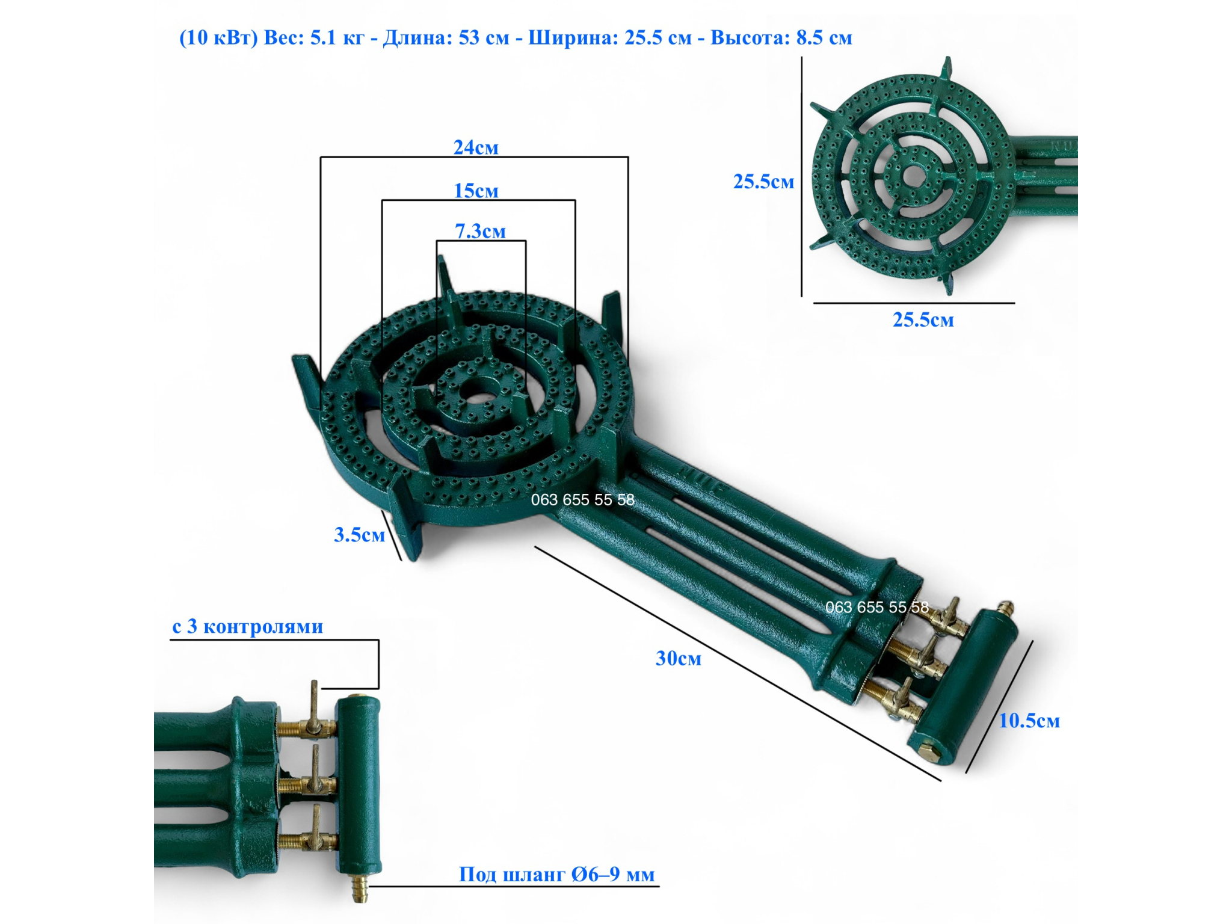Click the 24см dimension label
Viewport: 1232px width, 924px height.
pos(476,147)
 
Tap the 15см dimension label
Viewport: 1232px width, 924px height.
pos(476,191)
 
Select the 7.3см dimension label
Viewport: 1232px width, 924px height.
pos(480,231)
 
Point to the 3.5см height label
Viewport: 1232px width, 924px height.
pos(359,535)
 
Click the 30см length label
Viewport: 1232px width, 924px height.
pos(678,659)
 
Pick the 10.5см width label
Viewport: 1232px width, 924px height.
pos(1029,721)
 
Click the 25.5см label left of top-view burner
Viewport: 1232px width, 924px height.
pos(763,182)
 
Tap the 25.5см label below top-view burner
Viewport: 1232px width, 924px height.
pos(923,319)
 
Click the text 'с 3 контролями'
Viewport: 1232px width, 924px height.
pos(248,626)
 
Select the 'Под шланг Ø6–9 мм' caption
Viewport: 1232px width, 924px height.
pos(556,874)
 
